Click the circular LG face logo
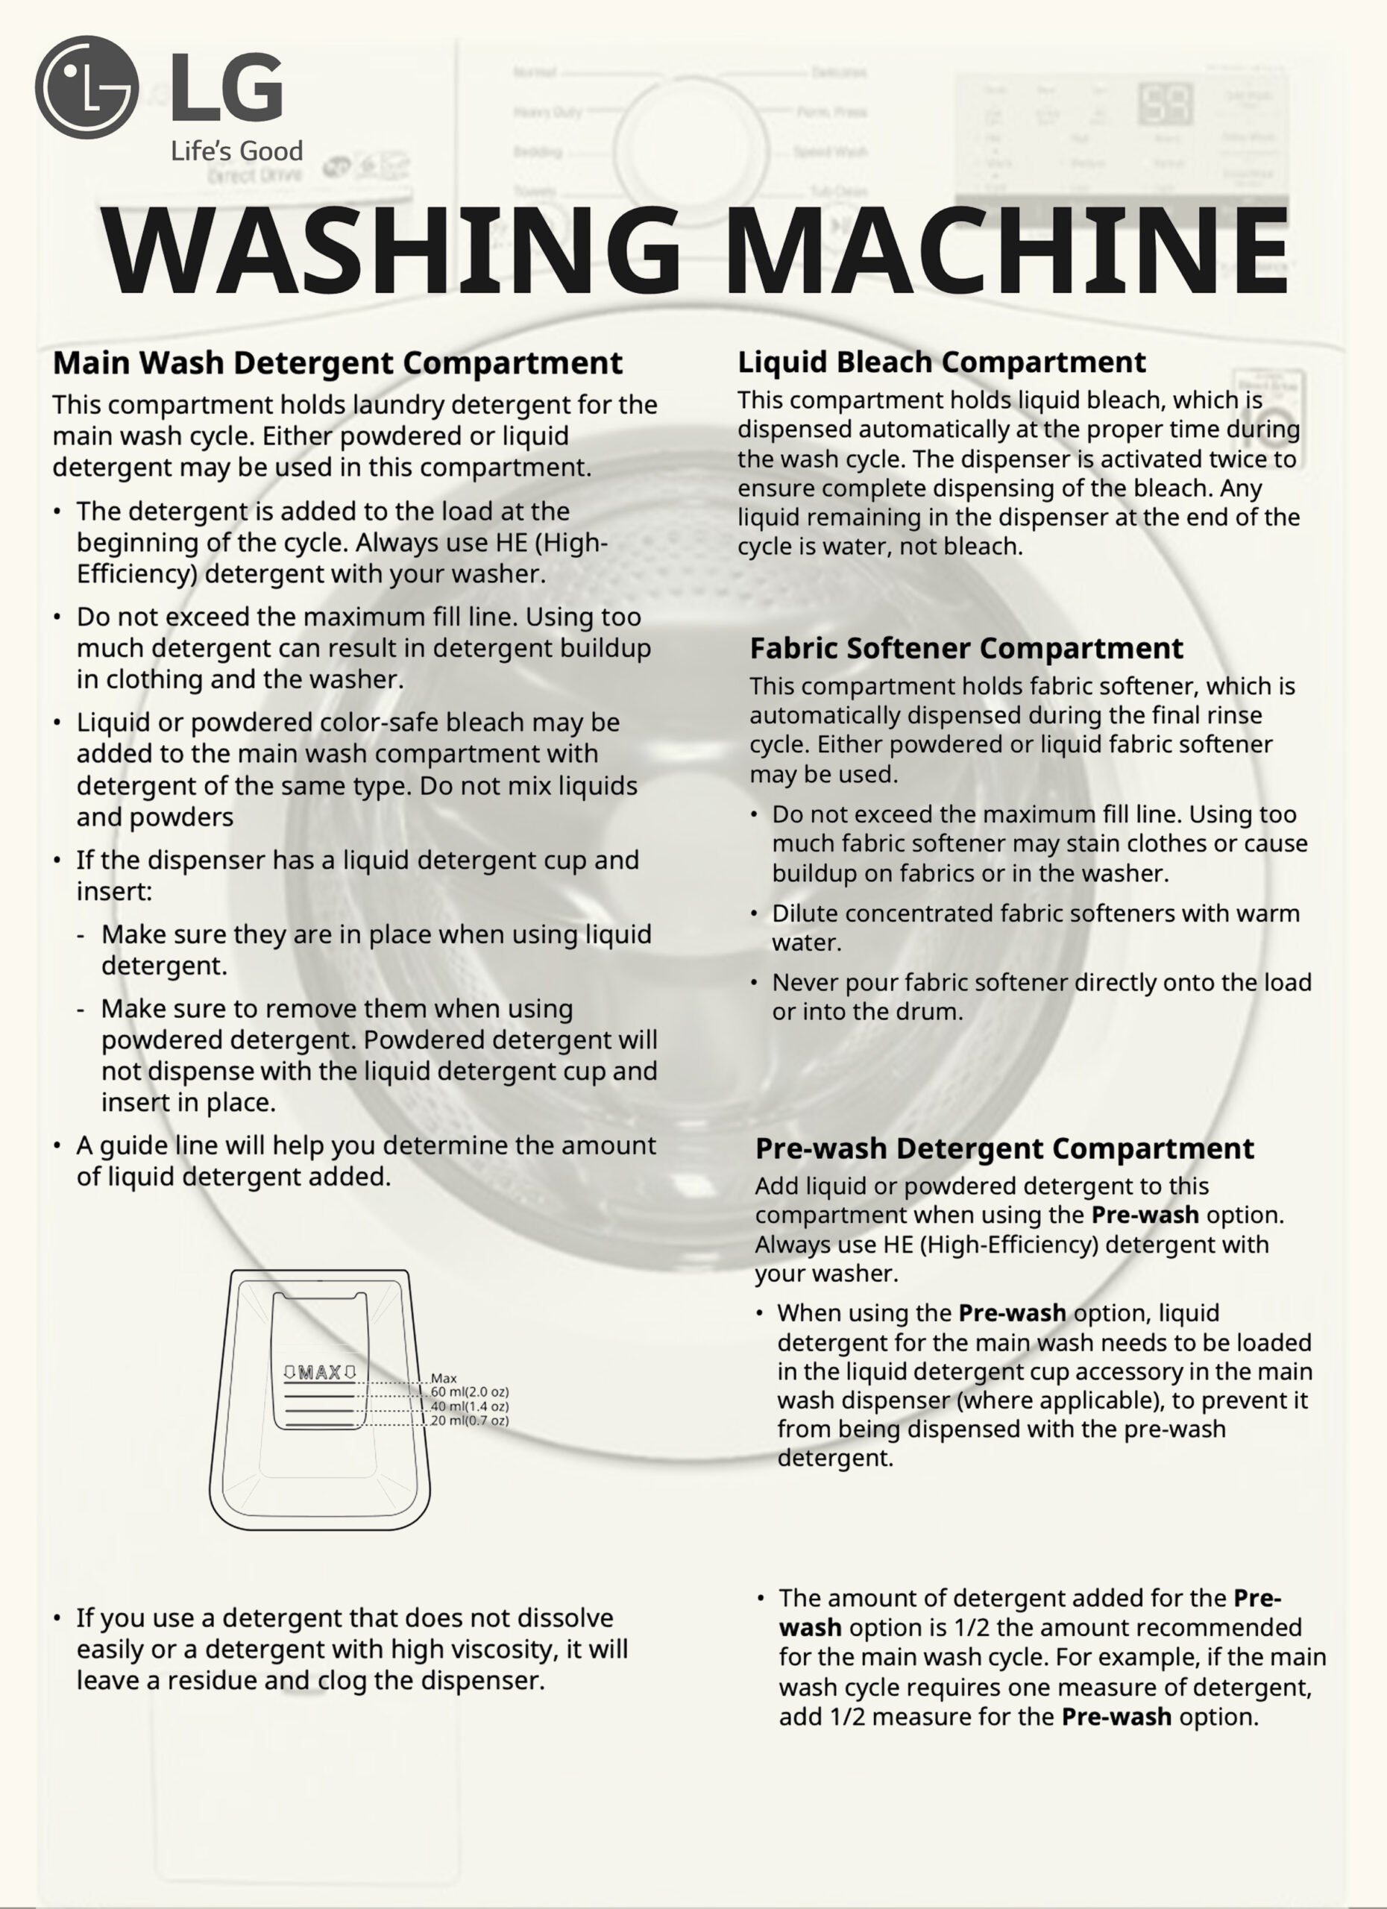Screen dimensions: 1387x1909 click(x=86, y=87)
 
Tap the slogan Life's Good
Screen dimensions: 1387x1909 click(x=236, y=151)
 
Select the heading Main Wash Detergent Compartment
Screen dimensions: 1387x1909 click(x=338, y=362)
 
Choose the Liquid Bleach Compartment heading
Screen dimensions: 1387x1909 click(x=942, y=362)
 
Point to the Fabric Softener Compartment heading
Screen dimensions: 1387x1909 click(x=966, y=648)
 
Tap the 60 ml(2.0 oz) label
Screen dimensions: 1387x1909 click(x=470, y=1392)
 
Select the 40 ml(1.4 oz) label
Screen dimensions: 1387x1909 click(x=470, y=1406)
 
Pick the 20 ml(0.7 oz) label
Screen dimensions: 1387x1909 click(x=470, y=1421)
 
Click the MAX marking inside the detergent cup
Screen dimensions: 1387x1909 click(x=320, y=1373)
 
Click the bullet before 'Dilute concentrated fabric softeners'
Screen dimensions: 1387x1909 click(x=755, y=914)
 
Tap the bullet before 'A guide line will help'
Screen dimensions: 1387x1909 click(x=57, y=1145)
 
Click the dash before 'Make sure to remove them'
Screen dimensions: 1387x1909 click(x=81, y=1009)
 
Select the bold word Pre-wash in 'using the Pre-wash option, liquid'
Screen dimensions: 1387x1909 click(x=1013, y=1313)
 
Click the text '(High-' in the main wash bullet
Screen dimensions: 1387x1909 click(x=571, y=543)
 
